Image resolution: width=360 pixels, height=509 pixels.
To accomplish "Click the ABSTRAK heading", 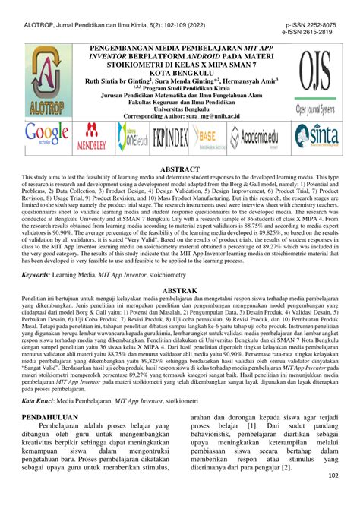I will tap(180, 312).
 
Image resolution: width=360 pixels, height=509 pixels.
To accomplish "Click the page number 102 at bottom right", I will tap(333, 498).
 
